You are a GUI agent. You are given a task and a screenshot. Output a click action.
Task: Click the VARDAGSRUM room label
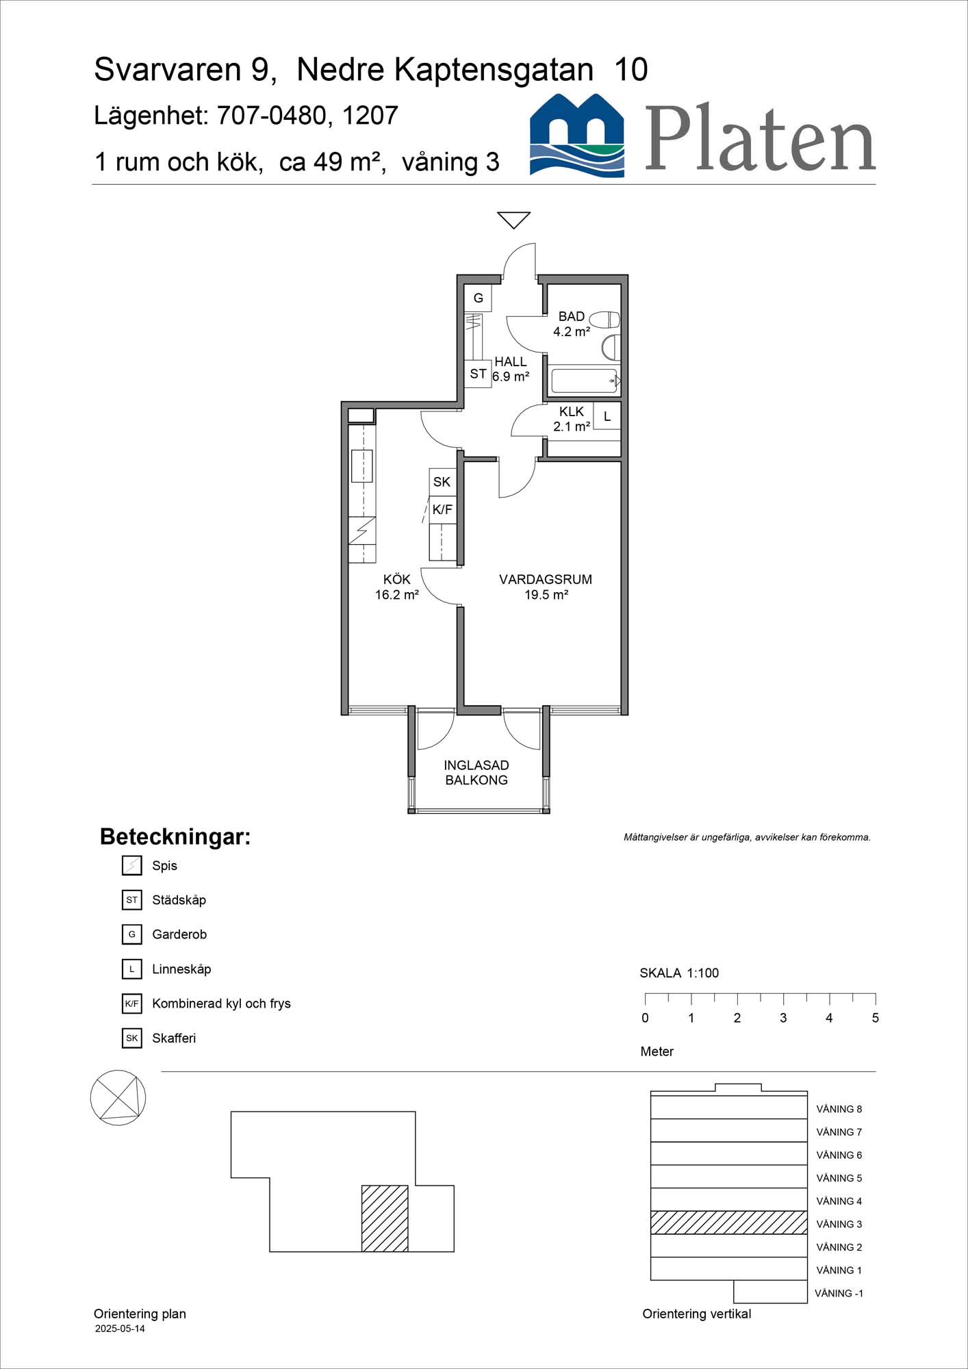coord(545,580)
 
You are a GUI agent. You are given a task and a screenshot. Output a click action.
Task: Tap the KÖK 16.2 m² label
coord(396,587)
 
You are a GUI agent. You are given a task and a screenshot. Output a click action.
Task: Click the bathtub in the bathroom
coord(584,381)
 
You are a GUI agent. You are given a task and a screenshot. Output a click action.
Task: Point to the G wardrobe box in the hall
coord(478,298)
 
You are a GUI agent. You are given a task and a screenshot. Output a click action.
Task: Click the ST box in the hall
coord(478,374)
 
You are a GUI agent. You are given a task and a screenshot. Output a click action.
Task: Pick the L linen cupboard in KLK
coord(607,416)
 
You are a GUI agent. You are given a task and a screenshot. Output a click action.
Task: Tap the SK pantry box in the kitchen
coord(442,482)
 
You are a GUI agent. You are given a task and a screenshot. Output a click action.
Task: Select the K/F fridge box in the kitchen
coord(442,509)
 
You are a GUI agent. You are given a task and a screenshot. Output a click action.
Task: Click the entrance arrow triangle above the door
coord(513,219)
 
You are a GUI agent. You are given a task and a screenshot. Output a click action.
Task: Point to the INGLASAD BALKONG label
coord(476,773)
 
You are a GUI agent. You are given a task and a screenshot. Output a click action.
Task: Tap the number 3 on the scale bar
coord(783,1018)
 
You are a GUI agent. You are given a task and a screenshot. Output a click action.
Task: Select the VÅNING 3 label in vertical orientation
coord(839,1224)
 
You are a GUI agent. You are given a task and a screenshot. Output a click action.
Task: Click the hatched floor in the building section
coord(728,1223)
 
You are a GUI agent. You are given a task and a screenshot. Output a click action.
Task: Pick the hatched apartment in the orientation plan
coord(385,1218)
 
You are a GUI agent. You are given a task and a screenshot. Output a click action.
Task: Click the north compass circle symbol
coord(118,1097)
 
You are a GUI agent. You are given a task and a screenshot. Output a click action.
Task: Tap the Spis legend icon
coord(131,866)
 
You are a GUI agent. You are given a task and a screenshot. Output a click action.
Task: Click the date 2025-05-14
coord(120,1329)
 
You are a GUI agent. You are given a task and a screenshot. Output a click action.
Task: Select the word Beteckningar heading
coord(175,837)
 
